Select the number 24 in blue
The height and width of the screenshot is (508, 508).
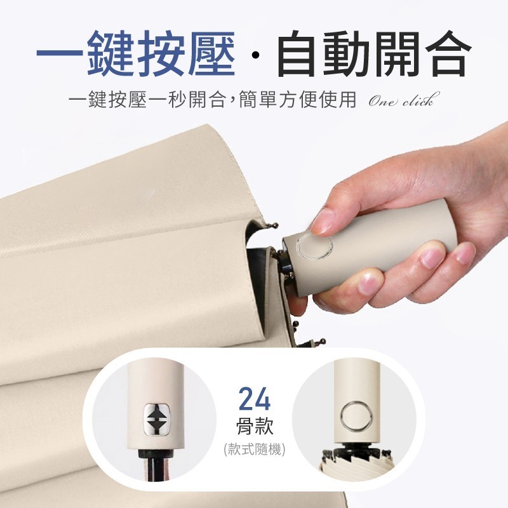point(255,400)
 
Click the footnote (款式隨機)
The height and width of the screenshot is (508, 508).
point(255,450)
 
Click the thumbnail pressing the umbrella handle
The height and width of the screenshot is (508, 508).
point(324,221)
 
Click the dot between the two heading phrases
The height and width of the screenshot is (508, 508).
point(255,60)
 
